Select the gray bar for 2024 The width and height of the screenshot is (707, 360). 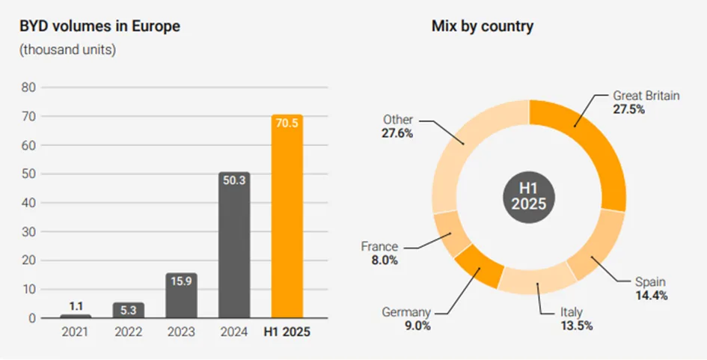pos(234,247)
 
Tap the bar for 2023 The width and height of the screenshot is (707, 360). pos(182,296)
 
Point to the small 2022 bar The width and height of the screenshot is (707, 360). pos(129,310)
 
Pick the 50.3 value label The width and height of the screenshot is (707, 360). pos(234,180)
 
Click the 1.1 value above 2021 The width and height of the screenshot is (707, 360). pos(76,306)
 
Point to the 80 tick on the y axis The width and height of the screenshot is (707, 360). pos(29,88)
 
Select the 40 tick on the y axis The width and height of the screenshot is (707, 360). pos(29,203)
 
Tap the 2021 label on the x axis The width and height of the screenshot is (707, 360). pos(76,332)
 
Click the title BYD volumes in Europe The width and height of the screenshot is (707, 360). pos(100,27)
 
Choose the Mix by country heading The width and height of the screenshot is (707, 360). pos(482,27)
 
